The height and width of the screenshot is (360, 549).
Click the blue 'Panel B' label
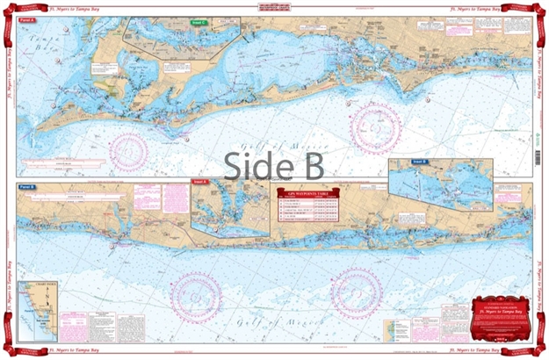26,187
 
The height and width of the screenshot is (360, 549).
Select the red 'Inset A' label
199,182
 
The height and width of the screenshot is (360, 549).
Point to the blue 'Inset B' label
420,162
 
